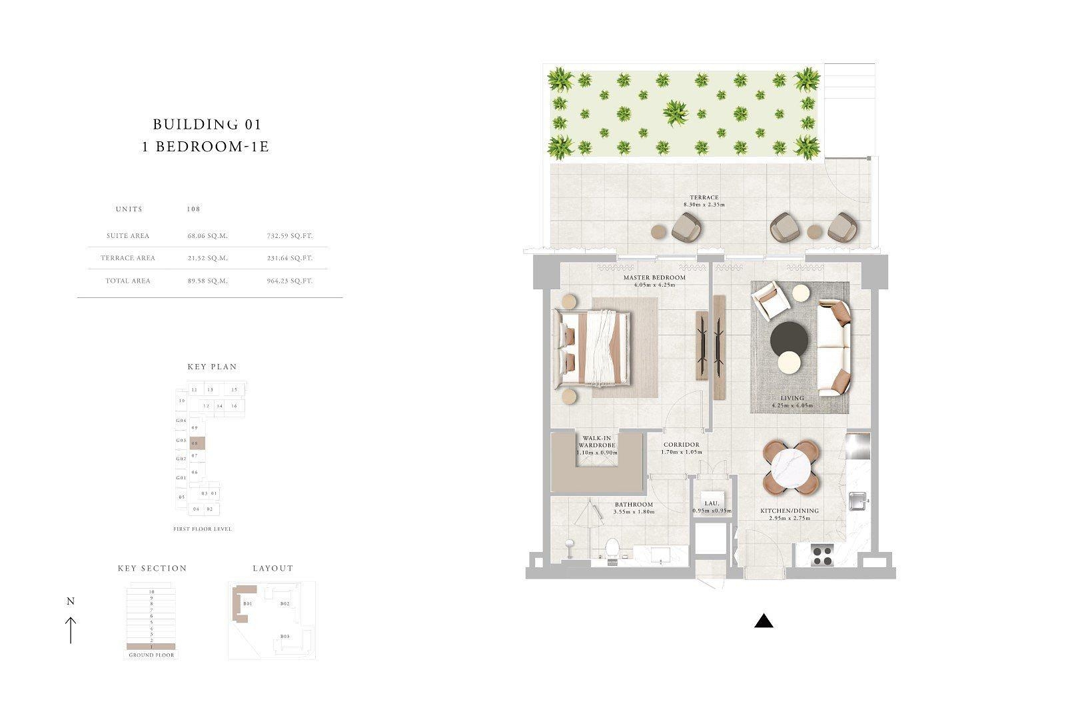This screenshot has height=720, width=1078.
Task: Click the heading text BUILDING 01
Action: pos(207,124)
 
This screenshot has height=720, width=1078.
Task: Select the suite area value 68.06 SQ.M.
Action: pos(208,236)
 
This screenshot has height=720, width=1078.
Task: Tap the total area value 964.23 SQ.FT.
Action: pos(288,281)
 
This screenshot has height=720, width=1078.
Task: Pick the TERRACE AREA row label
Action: pos(128,258)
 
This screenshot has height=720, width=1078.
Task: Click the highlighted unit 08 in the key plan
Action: pos(197,443)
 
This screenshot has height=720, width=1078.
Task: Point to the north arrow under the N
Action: pos(71,629)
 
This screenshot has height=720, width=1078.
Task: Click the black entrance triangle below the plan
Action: pos(764,621)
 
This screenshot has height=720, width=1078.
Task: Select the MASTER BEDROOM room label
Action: pos(654,277)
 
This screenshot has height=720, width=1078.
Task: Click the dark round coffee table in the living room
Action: pos(790,339)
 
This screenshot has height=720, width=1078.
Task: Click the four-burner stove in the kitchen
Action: pos(823,555)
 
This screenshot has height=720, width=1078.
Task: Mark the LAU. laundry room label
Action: pos(711,504)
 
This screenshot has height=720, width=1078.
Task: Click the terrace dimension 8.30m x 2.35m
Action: pos(704,205)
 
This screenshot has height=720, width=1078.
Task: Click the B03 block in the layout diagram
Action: pos(284,637)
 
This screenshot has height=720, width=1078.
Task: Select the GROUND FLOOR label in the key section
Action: pos(151,655)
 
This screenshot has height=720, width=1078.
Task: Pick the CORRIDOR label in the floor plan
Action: pos(682,445)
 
